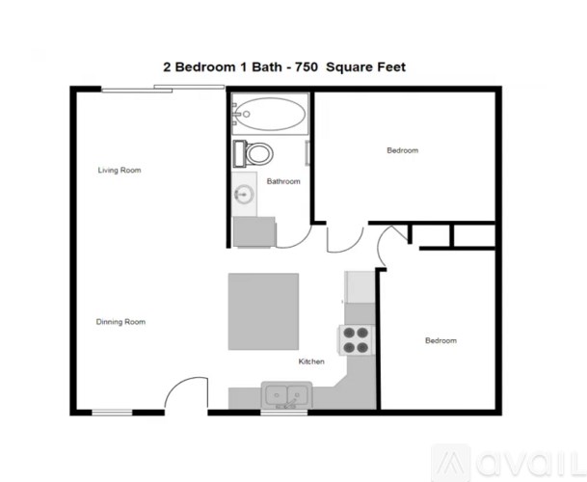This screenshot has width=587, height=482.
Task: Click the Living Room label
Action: point(120,171)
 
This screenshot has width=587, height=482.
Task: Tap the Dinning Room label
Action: point(120,322)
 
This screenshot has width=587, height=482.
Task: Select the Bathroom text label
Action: point(283,181)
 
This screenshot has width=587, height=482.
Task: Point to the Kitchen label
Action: point(310,361)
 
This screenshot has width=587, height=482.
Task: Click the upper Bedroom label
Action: point(402,150)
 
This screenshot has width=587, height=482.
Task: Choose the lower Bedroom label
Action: point(440,341)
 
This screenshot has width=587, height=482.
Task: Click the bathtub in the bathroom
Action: point(270,117)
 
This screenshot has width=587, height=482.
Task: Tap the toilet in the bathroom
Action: point(255,152)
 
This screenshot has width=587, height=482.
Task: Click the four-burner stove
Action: point(356,340)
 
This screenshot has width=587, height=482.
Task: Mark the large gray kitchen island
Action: point(263,312)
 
